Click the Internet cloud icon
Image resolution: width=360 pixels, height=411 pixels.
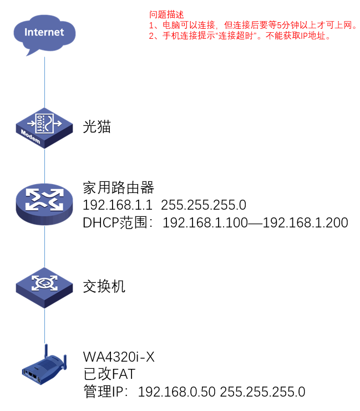tap(44, 34)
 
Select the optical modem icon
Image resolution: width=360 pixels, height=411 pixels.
tap(44, 128)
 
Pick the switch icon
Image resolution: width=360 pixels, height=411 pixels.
tap(44, 286)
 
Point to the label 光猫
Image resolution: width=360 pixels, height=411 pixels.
tap(97, 127)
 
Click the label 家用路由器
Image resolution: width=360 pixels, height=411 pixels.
tap(118, 187)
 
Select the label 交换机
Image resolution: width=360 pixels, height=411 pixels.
tap(104, 286)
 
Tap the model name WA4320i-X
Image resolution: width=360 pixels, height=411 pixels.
tap(118, 356)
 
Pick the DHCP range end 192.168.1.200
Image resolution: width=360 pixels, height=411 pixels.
tap(305, 223)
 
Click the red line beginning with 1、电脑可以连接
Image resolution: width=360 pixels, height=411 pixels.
tap(252, 26)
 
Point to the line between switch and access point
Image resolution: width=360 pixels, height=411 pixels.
tap(44, 327)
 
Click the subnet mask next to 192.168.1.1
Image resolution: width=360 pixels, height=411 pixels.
tap(203, 205)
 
